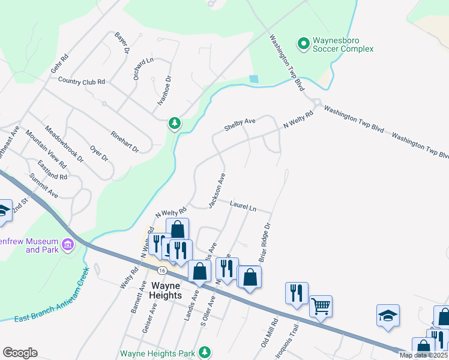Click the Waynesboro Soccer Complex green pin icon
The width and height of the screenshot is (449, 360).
(304, 43)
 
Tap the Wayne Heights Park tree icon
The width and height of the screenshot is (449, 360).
(205, 352)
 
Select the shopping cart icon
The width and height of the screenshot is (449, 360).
(321, 306)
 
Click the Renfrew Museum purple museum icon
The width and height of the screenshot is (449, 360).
(67, 245)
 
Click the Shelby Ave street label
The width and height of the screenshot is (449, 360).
(240, 124)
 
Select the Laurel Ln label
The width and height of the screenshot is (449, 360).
(243, 206)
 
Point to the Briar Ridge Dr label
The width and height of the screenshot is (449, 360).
(265, 242)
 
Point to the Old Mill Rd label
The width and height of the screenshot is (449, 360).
(268, 336)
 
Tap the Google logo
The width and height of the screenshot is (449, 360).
(20, 353)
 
